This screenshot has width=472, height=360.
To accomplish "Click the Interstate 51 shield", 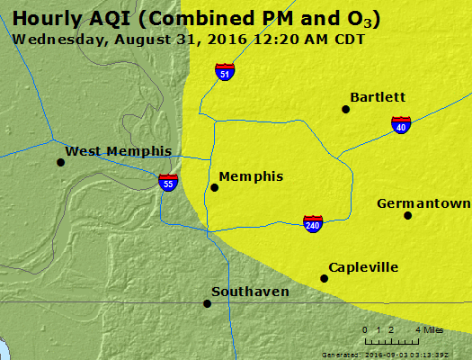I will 225,72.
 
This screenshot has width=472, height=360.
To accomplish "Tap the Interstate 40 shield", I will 401,125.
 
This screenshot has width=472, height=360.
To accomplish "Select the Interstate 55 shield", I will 168,182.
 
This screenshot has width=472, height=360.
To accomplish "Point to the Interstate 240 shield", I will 312,222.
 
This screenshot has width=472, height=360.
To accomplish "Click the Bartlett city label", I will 378,97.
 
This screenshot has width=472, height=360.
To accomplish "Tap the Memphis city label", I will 251,176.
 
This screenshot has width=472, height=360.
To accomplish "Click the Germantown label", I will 423,203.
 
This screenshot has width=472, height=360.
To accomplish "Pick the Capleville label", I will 363,267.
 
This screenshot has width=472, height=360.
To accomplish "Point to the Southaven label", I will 250,292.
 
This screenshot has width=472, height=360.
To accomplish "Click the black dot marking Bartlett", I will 345,109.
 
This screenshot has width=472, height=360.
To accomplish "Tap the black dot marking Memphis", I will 214,187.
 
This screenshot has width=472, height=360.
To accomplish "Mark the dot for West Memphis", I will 60,162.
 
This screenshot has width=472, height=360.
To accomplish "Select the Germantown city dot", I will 407,215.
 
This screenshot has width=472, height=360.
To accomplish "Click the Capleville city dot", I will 325,278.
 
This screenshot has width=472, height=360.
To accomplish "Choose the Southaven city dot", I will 207,303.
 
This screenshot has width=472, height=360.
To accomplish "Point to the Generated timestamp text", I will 393,355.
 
